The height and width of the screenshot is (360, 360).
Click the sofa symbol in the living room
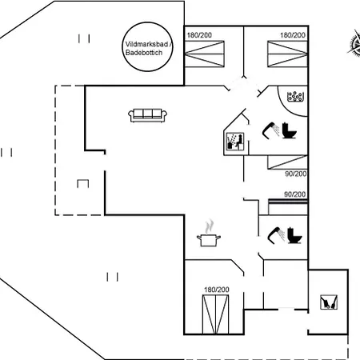click(x=147, y=115)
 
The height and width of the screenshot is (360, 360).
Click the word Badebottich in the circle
click(x=144, y=53)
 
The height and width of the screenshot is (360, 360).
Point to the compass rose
click(x=354, y=42)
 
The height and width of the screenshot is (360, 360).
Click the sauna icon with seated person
click(x=234, y=141)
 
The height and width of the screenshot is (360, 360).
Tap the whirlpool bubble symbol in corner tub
click(x=295, y=97)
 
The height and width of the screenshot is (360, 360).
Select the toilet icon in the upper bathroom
click(x=290, y=130)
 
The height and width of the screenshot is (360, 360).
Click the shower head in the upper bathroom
click(x=270, y=130)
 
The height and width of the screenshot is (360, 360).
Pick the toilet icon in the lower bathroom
click(x=294, y=235)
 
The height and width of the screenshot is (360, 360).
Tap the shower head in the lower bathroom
click(x=276, y=235)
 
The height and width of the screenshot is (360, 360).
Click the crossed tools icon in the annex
click(x=329, y=302)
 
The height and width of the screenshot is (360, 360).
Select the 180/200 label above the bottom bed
click(x=217, y=290)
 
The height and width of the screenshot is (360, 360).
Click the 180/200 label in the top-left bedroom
click(x=199, y=35)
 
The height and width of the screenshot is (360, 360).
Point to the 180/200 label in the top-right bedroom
click(x=293, y=35)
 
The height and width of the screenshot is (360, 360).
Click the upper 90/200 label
click(x=296, y=174)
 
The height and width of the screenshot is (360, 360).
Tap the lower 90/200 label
click(x=295, y=194)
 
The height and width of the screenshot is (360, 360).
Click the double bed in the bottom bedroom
click(x=215, y=314)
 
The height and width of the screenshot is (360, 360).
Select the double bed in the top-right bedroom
click(x=287, y=54)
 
